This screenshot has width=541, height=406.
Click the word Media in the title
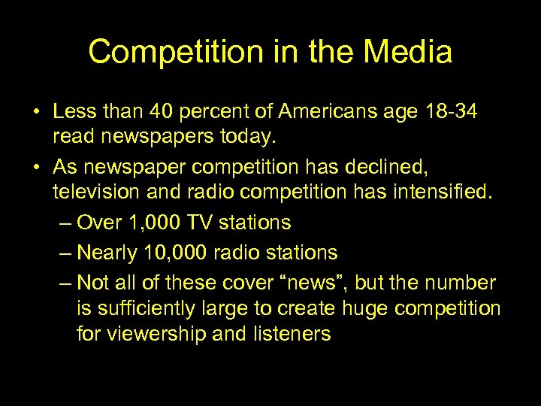point(409,53)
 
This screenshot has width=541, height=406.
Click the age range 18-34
point(449,112)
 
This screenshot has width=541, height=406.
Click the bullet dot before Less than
point(36,113)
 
